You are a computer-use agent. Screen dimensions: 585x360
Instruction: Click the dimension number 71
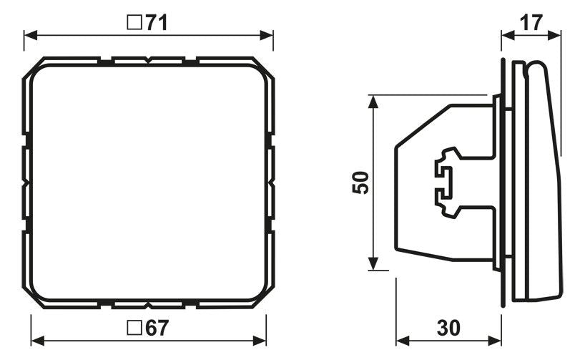[x=157, y=23]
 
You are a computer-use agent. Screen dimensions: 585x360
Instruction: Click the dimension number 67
[x=157, y=328]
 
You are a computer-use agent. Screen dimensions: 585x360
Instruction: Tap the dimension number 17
[x=531, y=23]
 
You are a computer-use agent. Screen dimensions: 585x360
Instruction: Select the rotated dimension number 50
[x=360, y=183]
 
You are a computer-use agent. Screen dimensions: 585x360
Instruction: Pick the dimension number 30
[x=448, y=328]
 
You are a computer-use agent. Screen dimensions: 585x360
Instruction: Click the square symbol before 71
[x=134, y=23]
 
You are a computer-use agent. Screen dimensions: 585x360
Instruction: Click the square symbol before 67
[x=134, y=328]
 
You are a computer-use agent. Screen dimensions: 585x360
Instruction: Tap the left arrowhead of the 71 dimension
[x=31, y=36]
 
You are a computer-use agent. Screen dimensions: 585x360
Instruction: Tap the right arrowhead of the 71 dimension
[x=267, y=36]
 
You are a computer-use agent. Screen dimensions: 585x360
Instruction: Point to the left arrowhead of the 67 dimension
[x=38, y=341]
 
